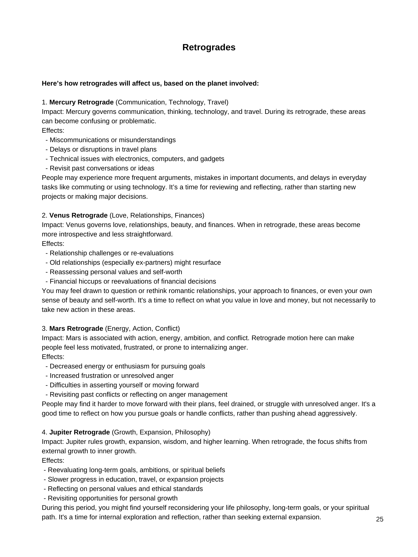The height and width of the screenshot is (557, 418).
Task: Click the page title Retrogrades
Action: coord(209,47)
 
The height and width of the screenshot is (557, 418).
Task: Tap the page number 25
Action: coord(380,519)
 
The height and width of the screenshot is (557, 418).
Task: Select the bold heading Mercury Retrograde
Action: coord(81,102)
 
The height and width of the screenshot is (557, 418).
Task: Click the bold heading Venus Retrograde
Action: coord(78,215)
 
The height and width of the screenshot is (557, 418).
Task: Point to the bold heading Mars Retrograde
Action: coord(76,328)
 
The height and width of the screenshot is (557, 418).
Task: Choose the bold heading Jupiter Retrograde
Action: coord(79,432)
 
